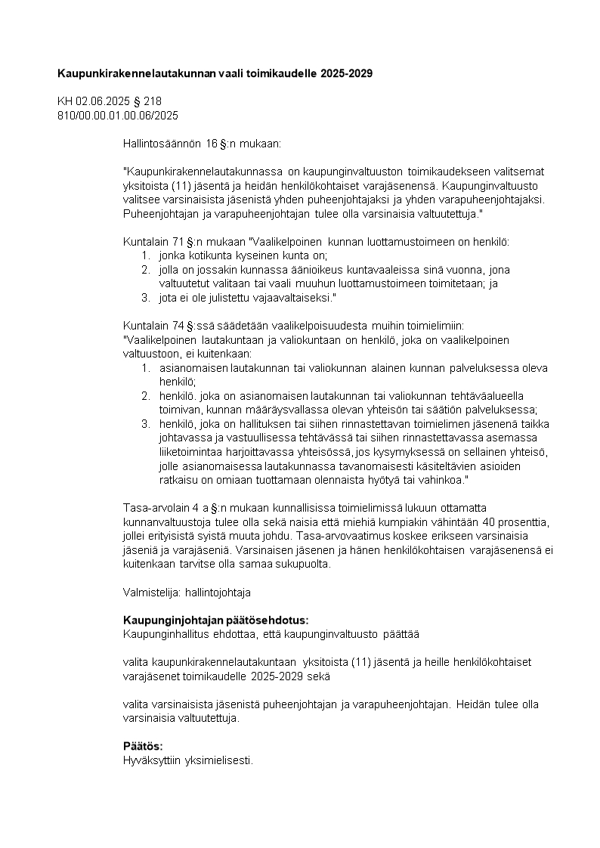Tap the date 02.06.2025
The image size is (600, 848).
point(101,101)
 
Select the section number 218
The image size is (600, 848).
point(153,101)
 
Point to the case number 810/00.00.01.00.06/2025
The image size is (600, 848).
point(118,115)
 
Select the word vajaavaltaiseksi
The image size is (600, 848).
point(289,298)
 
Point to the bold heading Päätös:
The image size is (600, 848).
point(143,746)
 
